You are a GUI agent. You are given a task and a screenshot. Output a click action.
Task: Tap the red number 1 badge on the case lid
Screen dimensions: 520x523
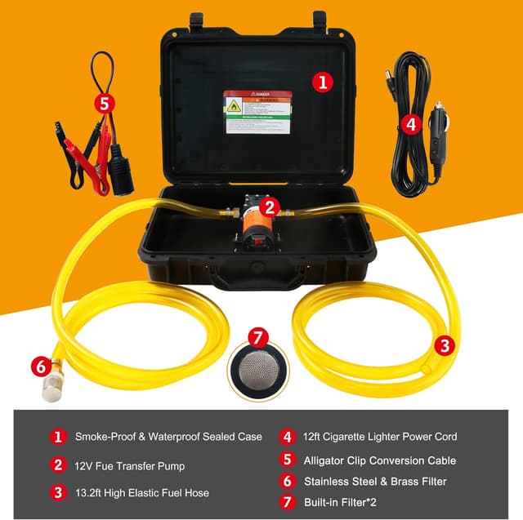tap(324, 82)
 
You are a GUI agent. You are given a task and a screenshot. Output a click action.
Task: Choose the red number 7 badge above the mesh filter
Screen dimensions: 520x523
tap(258, 336)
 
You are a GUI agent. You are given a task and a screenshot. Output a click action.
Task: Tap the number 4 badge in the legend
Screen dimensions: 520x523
tap(287, 436)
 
